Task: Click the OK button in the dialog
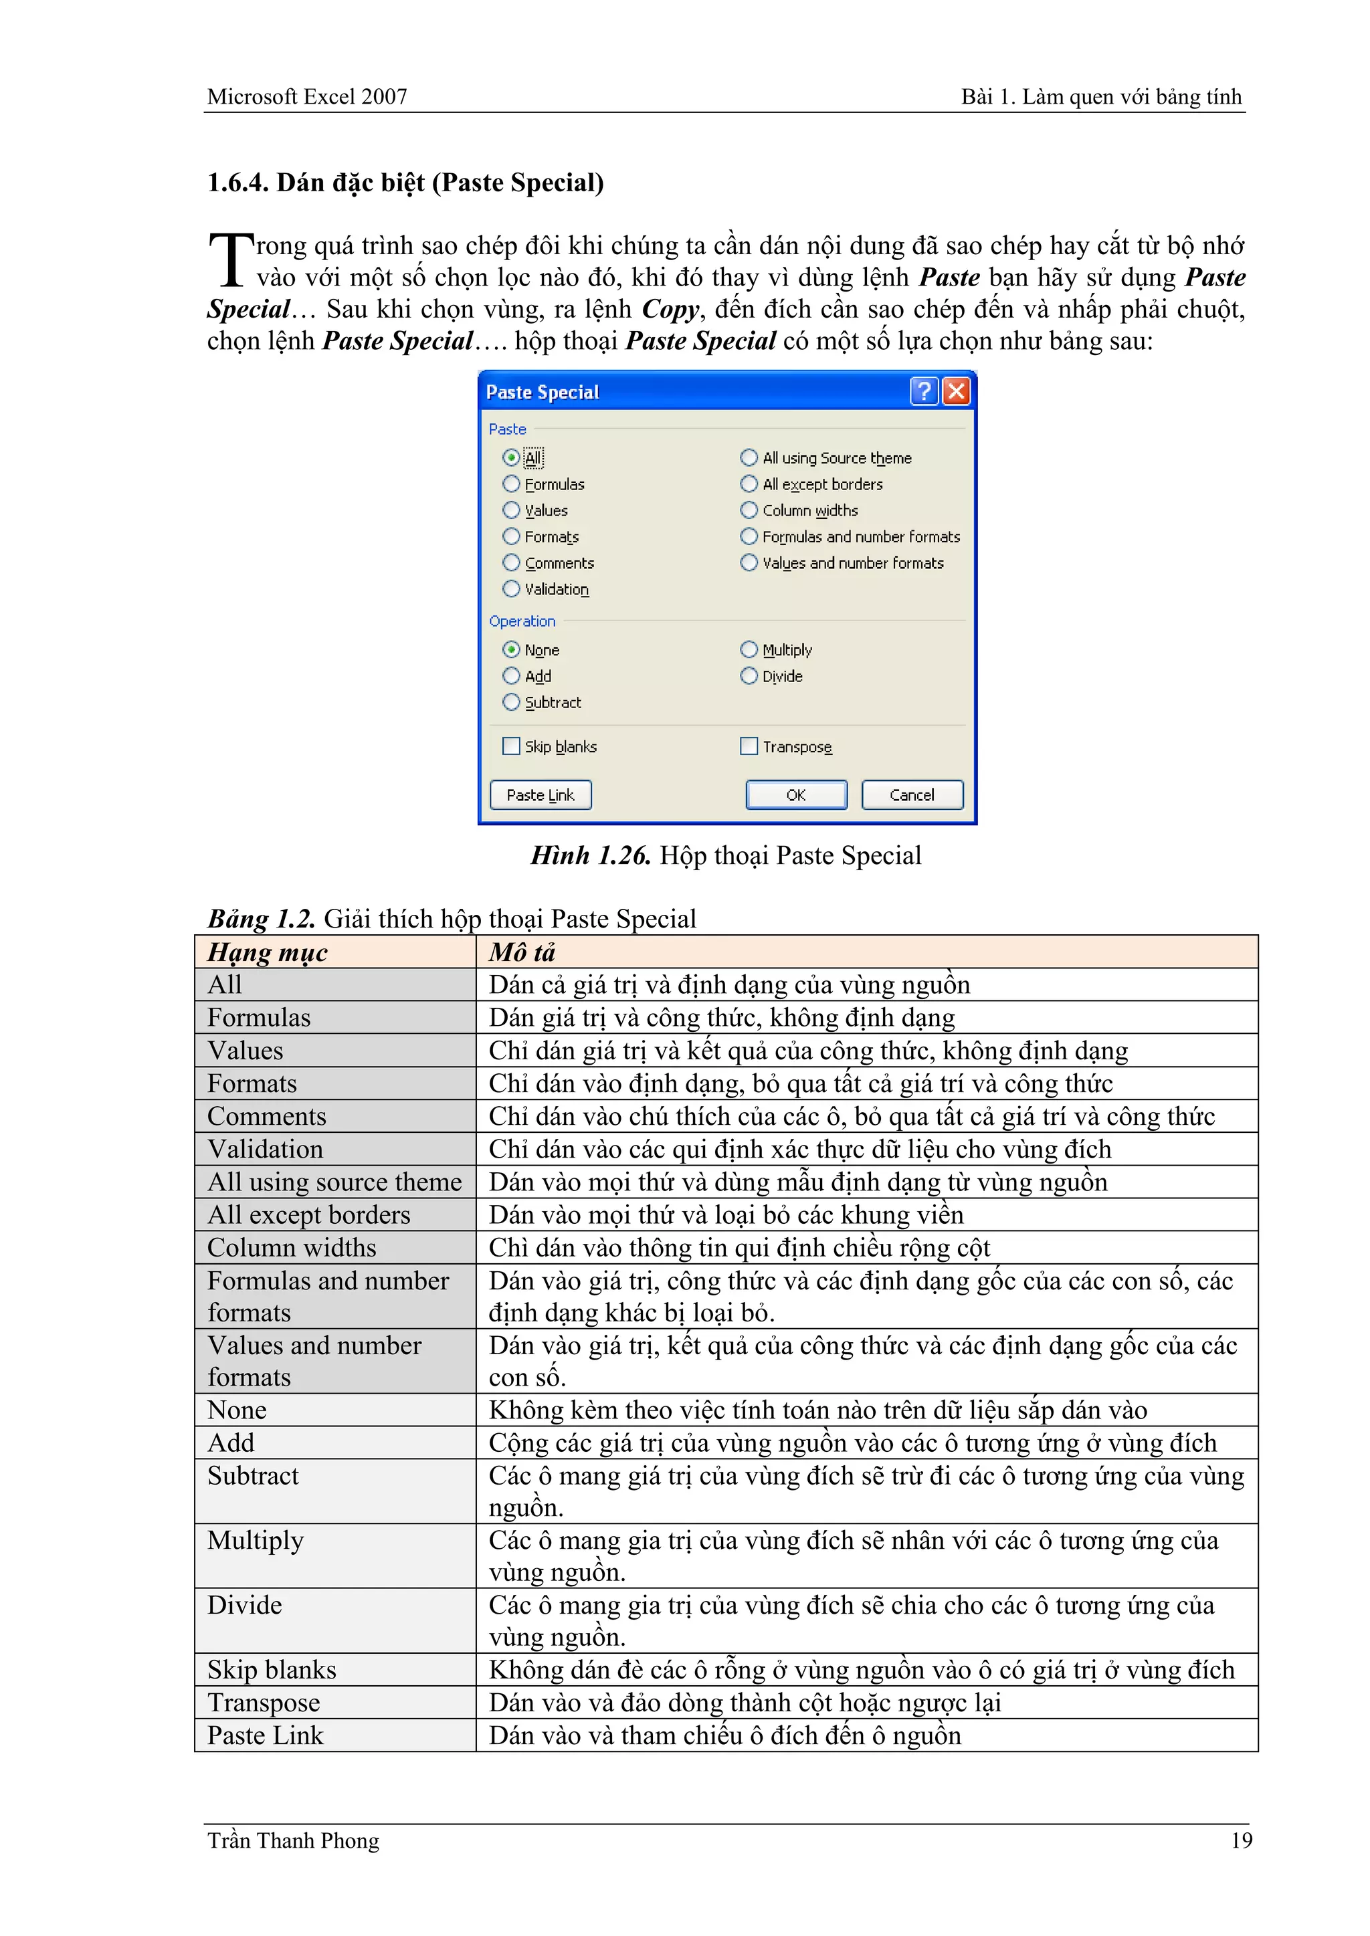pos(795,795)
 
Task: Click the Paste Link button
pos(540,795)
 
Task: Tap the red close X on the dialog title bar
pos(956,391)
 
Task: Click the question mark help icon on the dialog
pos(924,391)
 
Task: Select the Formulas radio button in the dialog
pos(511,484)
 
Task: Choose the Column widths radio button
pos(749,510)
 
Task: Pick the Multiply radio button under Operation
pos(749,649)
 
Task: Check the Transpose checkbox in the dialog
pos(749,746)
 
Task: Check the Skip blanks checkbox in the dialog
pos(511,746)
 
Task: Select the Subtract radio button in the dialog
pos(511,702)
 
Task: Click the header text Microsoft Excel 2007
pos(307,97)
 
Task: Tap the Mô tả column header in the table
pos(522,952)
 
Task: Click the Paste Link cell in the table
pos(265,1735)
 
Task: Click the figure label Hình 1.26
pos(589,856)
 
